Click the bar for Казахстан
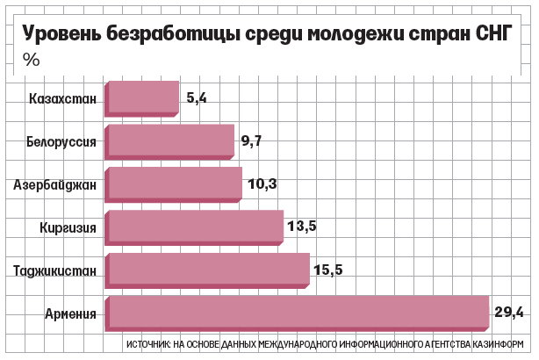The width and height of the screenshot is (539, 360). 142,98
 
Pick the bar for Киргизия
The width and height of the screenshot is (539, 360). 194,227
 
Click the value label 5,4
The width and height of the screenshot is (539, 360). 197,98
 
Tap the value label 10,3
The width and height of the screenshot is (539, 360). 262,184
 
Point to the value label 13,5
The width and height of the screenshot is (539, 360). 302,227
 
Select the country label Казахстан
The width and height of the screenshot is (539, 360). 62,98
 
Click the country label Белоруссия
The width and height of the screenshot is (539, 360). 60,141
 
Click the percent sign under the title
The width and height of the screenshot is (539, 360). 31,60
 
